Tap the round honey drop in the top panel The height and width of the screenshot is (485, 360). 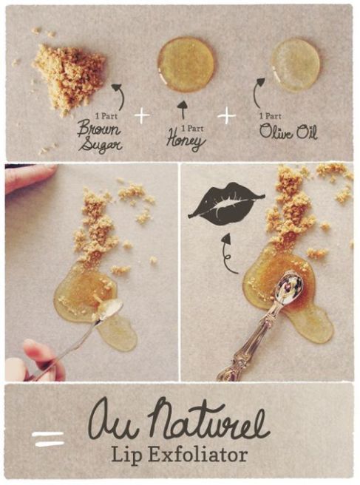pyautogui.click(x=186, y=64)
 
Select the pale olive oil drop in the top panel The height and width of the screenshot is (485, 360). pyautogui.click(x=295, y=65)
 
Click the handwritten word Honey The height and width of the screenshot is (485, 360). pyautogui.click(x=186, y=141)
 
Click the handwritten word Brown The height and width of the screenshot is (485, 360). pyautogui.click(x=98, y=129)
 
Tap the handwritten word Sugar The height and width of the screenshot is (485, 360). pyautogui.click(x=100, y=144)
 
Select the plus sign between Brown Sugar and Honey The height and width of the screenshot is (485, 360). pyautogui.click(x=142, y=115)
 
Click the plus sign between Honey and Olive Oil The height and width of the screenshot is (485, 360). pyautogui.click(x=227, y=116)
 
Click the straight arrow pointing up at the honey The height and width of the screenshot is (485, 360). pyautogui.click(x=183, y=110)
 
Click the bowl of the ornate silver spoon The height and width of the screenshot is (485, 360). pyautogui.click(x=289, y=285)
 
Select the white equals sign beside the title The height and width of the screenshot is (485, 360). pyautogui.click(x=48, y=439)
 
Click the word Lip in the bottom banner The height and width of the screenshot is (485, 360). pyautogui.click(x=126, y=456)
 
